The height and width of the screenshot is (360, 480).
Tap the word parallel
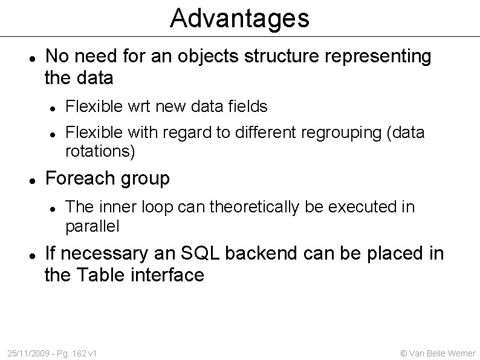click(x=92, y=226)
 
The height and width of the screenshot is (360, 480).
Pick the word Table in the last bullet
click(x=97, y=275)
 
